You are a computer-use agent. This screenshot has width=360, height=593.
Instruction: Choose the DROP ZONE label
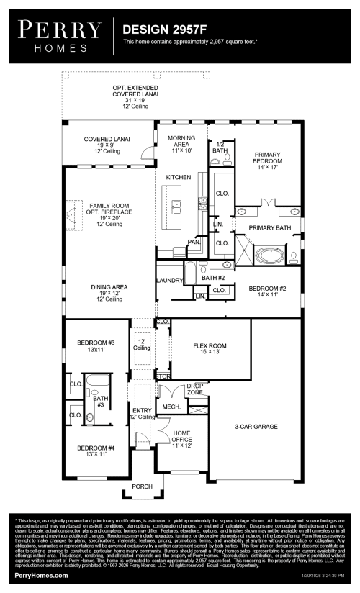click(195, 389)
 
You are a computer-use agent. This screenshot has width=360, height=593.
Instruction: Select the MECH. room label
click(171, 407)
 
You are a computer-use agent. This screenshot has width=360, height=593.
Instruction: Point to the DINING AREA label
click(109, 291)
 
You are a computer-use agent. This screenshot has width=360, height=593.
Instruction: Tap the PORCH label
click(143, 486)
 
